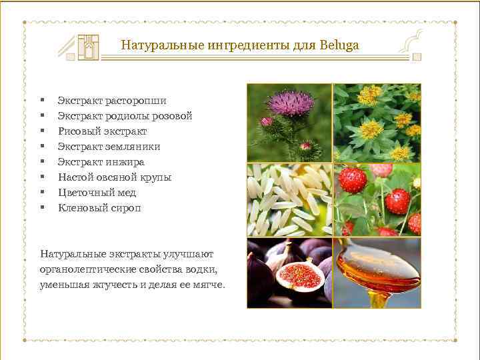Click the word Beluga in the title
point(339,46)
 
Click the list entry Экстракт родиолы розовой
point(125,116)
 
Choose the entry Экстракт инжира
point(101,162)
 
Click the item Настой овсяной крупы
point(115,177)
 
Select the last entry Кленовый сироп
point(99,208)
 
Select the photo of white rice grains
point(289,199)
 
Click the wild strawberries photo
point(377,199)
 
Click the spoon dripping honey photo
point(377,273)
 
